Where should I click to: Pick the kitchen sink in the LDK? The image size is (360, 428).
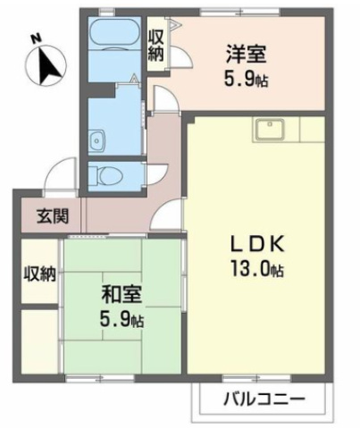[269, 129]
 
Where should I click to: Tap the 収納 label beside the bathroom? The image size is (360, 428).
[156, 46]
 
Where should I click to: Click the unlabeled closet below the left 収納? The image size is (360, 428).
[40, 339]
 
